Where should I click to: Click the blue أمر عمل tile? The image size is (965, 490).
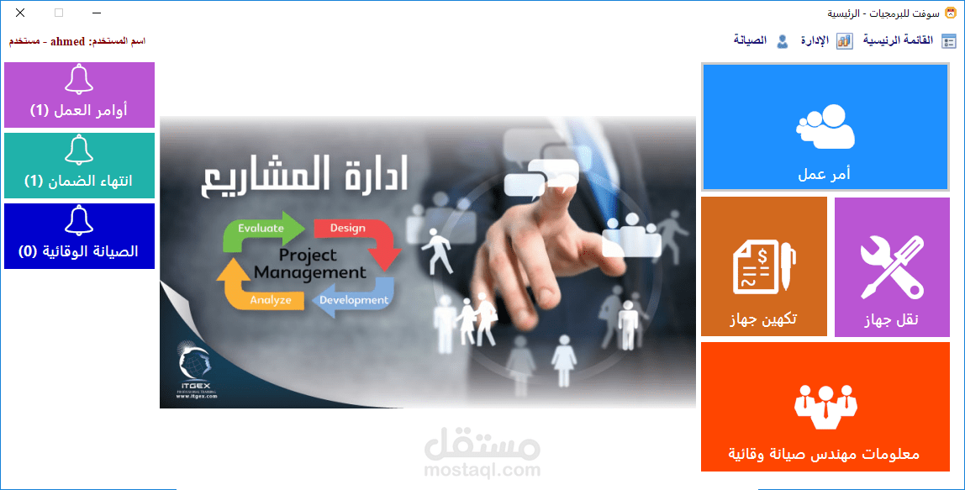pos(825,127)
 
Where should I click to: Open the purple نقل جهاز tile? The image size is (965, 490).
pos(892,267)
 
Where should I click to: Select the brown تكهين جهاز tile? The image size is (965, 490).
pos(763,267)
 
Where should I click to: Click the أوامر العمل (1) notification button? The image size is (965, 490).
pos(79,95)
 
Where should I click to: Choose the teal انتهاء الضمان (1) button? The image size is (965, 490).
pos(79,166)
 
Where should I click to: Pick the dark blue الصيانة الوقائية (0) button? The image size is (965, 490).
pos(79,236)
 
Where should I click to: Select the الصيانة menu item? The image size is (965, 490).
pos(750,40)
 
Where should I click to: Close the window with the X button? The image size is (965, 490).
pos(20,13)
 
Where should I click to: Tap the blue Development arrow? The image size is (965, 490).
pos(353,300)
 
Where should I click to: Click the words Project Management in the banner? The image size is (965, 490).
pos(309,264)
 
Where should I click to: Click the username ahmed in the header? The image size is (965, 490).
pos(68,41)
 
